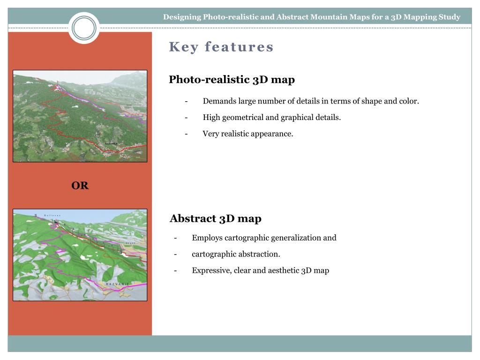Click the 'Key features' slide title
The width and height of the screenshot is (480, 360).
click(x=221, y=47)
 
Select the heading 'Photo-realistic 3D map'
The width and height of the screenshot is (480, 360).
click(x=232, y=80)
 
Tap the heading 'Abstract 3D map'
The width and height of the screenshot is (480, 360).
click(x=216, y=218)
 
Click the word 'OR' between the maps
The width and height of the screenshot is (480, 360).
click(x=80, y=186)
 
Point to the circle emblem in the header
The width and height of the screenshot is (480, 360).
click(x=84, y=28)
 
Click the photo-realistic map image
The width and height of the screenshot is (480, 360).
click(x=80, y=116)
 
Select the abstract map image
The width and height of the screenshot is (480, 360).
click(x=80, y=255)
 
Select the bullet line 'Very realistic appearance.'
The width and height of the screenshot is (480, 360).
click(x=247, y=134)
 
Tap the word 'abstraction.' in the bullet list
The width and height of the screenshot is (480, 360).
click(x=259, y=254)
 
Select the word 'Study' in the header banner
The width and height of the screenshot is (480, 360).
click(x=450, y=17)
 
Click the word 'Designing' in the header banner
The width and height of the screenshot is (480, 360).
click(x=182, y=17)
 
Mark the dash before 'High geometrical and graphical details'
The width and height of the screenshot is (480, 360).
click(x=187, y=117)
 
